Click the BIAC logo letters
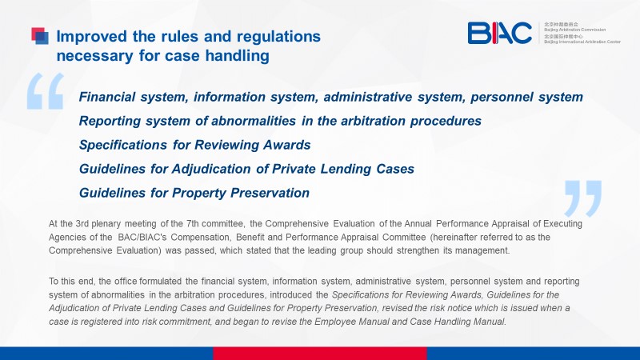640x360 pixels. coord(499,33)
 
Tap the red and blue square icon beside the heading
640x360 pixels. coord(40,35)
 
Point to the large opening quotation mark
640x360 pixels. coord(46,91)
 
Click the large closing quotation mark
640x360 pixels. coord(583,198)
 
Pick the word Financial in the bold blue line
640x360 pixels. coord(107,97)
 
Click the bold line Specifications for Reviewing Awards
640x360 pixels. coord(194,145)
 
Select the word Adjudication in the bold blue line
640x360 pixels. coord(211,169)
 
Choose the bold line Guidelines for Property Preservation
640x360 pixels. coord(194,193)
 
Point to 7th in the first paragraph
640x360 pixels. coord(193,224)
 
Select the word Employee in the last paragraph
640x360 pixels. coord(334,322)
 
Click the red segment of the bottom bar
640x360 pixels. coord(320,354)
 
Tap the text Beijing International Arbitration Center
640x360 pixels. coord(582,42)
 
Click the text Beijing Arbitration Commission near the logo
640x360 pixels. coord(574,30)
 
